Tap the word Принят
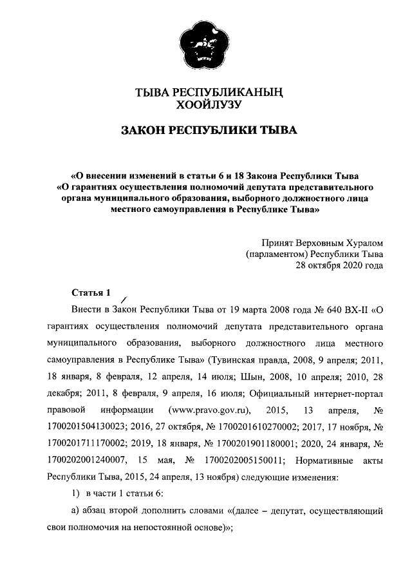coord(277,243)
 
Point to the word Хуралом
coord(364,243)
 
